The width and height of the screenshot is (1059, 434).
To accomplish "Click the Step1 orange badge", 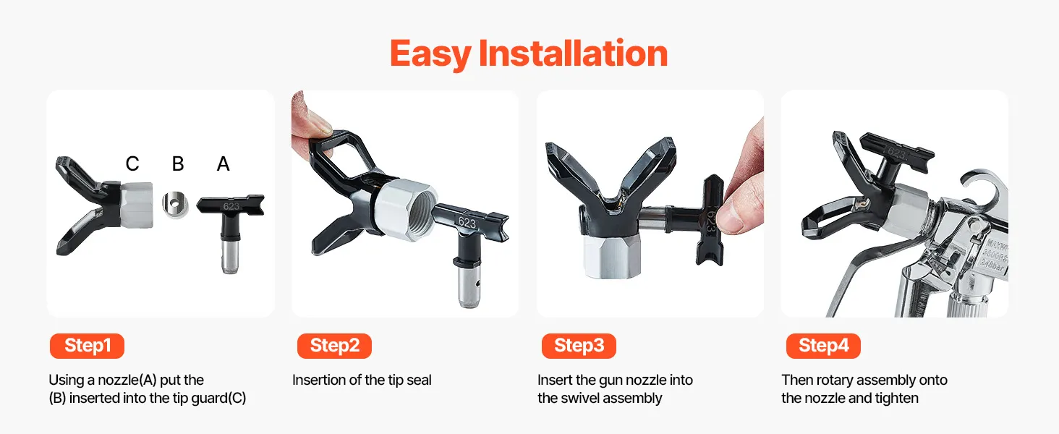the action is click(x=87, y=346).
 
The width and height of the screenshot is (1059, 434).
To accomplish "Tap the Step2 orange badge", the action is click(x=334, y=346).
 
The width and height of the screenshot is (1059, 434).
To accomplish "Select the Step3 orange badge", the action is click(x=579, y=346).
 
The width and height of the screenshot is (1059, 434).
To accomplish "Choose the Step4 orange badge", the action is click(x=823, y=346).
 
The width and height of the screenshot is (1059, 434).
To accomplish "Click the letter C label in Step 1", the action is click(x=132, y=163).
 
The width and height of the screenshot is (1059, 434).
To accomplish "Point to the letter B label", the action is click(x=178, y=163).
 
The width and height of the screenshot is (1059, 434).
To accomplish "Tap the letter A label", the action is click(x=223, y=163).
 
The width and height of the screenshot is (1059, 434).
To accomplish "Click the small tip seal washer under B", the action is click(x=175, y=205).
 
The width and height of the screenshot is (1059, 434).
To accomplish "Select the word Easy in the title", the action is click(x=430, y=54).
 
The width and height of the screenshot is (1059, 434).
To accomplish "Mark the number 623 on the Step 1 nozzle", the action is click(x=231, y=206).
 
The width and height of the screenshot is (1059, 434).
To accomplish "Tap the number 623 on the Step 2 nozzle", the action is click(x=467, y=222).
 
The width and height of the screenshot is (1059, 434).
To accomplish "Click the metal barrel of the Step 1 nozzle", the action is click(x=230, y=255).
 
